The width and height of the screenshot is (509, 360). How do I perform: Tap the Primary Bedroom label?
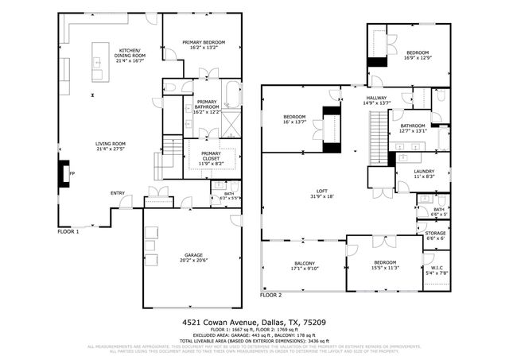pyautogui.click(x=204, y=42)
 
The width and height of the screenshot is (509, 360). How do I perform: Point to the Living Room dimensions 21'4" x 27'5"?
pyautogui.click(x=111, y=149)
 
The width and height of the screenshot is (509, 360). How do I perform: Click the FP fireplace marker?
pyautogui.click(x=72, y=172)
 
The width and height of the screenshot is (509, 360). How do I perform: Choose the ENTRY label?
pyautogui.click(x=118, y=192)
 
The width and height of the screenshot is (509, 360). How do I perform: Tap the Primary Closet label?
pyautogui.click(x=211, y=156)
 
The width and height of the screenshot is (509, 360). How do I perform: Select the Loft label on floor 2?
pyautogui.click(x=321, y=191)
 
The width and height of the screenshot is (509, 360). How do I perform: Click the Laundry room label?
pyautogui.click(x=423, y=171)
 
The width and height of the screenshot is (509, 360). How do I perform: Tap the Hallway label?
pyautogui.click(x=376, y=97)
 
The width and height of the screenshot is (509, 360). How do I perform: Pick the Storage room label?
pyautogui.click(x=436, y=233)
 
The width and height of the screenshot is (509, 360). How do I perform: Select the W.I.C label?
pyautogui.click(x=437, y=267)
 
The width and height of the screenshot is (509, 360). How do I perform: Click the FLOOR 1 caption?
pyautogui.click(x=68, y=231)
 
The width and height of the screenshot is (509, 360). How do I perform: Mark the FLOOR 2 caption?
pyautogui.click(x=270, y=295)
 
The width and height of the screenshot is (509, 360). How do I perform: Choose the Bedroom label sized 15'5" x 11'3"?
pyautogui.click(x=385, y=262)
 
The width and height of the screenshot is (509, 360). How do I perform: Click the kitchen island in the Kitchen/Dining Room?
pyautogui.click(x=99, y=61)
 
